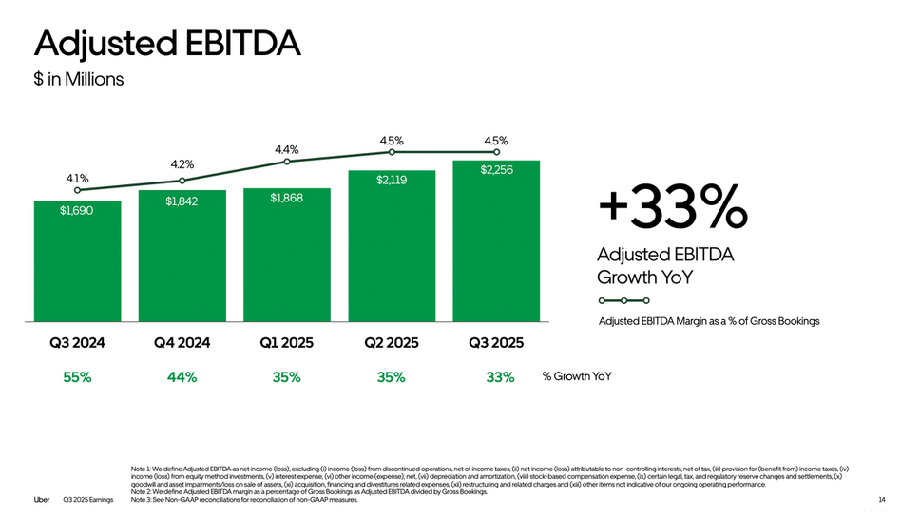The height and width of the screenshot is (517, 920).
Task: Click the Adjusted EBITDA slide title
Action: pyautogui.click(x=166, y=44)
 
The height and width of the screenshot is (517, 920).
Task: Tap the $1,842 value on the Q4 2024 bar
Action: pyautogui.click(x=182, y=201)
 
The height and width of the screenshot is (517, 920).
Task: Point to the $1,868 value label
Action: pyautogui.click(x=286, y=198)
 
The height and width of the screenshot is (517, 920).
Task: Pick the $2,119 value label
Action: pyautogui.click(x=391, y=180)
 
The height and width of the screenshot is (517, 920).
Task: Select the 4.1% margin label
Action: pyautogui.click(x=77, y=177)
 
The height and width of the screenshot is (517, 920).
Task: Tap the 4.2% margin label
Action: pyautogui.click(x=182, y=164)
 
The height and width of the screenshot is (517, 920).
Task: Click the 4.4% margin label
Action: pyautogui.click(x=286, y=149)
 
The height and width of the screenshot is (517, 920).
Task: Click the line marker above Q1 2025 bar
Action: pyautogui.click(x=286, y=162)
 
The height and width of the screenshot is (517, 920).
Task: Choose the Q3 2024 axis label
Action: pyautogui.click(x=77, y=342)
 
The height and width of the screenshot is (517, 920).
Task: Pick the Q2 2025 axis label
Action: pyautogui.click(x=391, y=342)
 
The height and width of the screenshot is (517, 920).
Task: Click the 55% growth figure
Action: pyautogui.click(x=77, y=377)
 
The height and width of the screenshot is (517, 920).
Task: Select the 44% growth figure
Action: pyautogui.click(x=182, y=377)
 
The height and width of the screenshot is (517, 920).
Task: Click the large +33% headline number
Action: pyautogui.click(x=672, y=207)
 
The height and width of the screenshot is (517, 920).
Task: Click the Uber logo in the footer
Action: pyautogui.click(x=42, y=499)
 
